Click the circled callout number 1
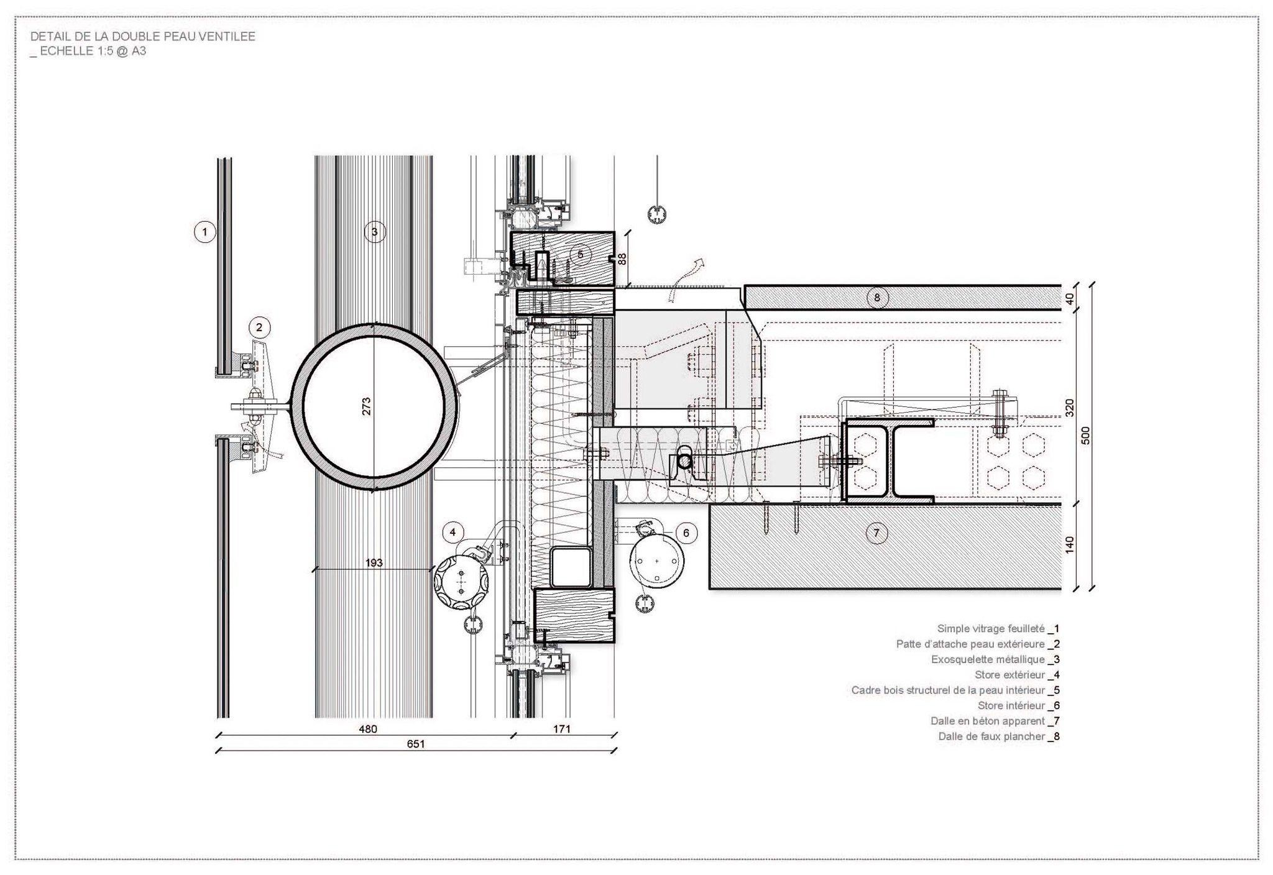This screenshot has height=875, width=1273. click(205, 232)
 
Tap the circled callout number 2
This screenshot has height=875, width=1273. click(259, 327)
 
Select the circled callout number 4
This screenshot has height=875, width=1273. click(453, 532)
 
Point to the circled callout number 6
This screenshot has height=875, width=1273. click(686, 533)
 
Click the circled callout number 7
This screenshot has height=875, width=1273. click(876, 533)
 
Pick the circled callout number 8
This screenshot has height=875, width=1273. click(877, 297)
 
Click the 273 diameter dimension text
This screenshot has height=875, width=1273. click(367, 406)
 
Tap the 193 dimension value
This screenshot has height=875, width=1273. click(374, 562)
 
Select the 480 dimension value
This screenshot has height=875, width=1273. click(368, 728)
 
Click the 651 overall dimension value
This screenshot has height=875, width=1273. click(416, 744)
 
